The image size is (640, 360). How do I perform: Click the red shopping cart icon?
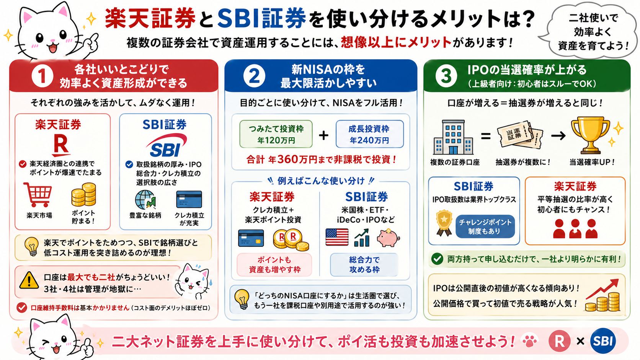click(38, 194)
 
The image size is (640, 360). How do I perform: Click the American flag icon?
click(337, 237)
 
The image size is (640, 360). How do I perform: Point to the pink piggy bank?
click(388, 238)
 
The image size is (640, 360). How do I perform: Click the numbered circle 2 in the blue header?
click(254, 76)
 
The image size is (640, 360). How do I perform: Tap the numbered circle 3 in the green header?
click(446, 76)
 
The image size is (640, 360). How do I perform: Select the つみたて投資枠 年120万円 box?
click(276, 134)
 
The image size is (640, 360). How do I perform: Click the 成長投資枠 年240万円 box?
click(369, 134)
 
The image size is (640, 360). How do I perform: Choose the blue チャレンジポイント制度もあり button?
click(485, 226)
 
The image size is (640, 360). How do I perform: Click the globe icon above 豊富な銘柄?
click(145, 200)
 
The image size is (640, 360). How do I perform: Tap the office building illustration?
click(454, 137)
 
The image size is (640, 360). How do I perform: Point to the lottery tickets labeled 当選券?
click(520, 135)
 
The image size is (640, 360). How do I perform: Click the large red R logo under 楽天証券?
click(60, 145)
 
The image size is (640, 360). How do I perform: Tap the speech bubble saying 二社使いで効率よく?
click(591, 31)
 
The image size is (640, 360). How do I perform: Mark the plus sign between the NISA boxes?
click(323, 135)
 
